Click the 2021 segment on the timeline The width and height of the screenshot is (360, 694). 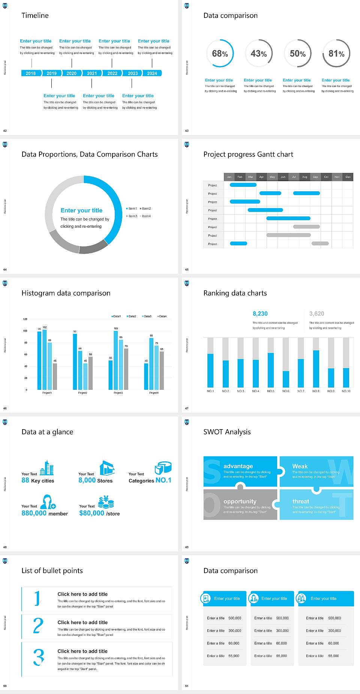(x=92, y=73)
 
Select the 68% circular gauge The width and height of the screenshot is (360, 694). (x=220, y=54)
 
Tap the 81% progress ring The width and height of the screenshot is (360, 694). (x=336, y=54)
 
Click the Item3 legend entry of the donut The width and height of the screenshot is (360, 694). (x=132, y=216)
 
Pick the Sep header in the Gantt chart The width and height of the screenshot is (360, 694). (x=315, y=177)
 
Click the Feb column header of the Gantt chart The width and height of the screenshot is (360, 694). (x=240, y=177)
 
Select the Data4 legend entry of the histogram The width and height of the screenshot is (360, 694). (x=162, y=316)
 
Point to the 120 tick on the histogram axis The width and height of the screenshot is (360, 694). (x=25, y=319)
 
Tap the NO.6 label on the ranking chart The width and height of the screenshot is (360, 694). (x=286, y=391)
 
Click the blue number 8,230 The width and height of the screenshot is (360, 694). (x=260, y=314)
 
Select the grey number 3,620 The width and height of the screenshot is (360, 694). (x=317, y=314)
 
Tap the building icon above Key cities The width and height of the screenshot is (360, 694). (x=47, y=468)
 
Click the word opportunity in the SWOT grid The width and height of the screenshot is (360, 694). (x=240, y=502)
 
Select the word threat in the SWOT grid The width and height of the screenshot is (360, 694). (x=301, y=502)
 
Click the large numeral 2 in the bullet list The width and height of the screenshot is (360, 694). (x=38, y=626)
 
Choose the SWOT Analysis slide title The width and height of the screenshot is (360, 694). (x=227, y=432)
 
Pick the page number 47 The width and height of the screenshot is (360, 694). (x=187, y=408)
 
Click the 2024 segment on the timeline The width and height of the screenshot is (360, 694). (x=152, y=73)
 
